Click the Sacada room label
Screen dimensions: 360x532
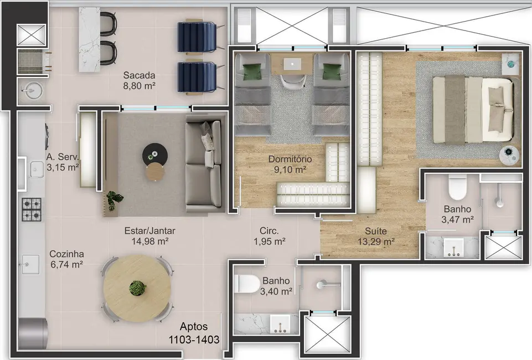click(x=139, y=75)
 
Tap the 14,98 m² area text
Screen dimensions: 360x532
click(x=147, y=241)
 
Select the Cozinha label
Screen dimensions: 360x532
click(x=66, y=254)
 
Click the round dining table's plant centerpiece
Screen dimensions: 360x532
click(x=137, y=288)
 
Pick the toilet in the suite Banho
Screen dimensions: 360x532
click(x=457, y=188)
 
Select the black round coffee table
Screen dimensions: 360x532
click(x=153, y=153)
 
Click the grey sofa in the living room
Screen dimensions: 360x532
click(x=204, y=166)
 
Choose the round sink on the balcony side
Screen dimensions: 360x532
click(x=29, y=90)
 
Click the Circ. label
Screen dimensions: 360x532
click(x=269, y=230)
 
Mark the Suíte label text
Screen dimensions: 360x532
click(x=376, y=230)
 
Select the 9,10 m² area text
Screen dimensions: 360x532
click(x=290, y=170)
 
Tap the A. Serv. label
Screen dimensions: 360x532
click(x=63, y=156)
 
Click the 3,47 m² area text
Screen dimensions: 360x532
click(x=457, y=220)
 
